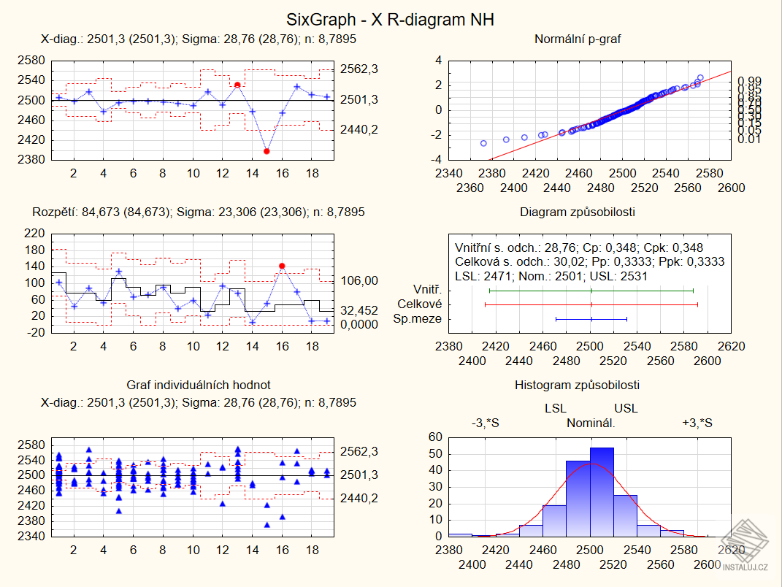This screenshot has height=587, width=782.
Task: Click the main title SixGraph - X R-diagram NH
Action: [391, 20]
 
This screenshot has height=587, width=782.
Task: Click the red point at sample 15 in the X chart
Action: [267, 151]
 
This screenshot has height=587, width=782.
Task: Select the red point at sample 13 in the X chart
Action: [237, 85]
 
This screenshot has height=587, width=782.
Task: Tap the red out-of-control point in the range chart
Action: [282, 266]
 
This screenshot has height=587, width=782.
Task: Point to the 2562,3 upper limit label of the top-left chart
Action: [359, 69]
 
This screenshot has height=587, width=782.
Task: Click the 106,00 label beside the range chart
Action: [359, 280]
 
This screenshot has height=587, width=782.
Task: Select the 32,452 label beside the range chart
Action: [359, 310]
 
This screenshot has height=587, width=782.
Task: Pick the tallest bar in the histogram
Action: [602, 491]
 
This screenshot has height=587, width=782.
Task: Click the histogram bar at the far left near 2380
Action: [460, 534]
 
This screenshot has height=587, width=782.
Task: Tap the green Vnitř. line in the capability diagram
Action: [591, 290]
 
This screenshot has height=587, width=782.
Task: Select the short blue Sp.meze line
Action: [591, 319]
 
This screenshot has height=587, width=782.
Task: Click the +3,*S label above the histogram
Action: [697, 423]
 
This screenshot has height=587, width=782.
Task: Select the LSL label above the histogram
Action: [556, 409]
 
